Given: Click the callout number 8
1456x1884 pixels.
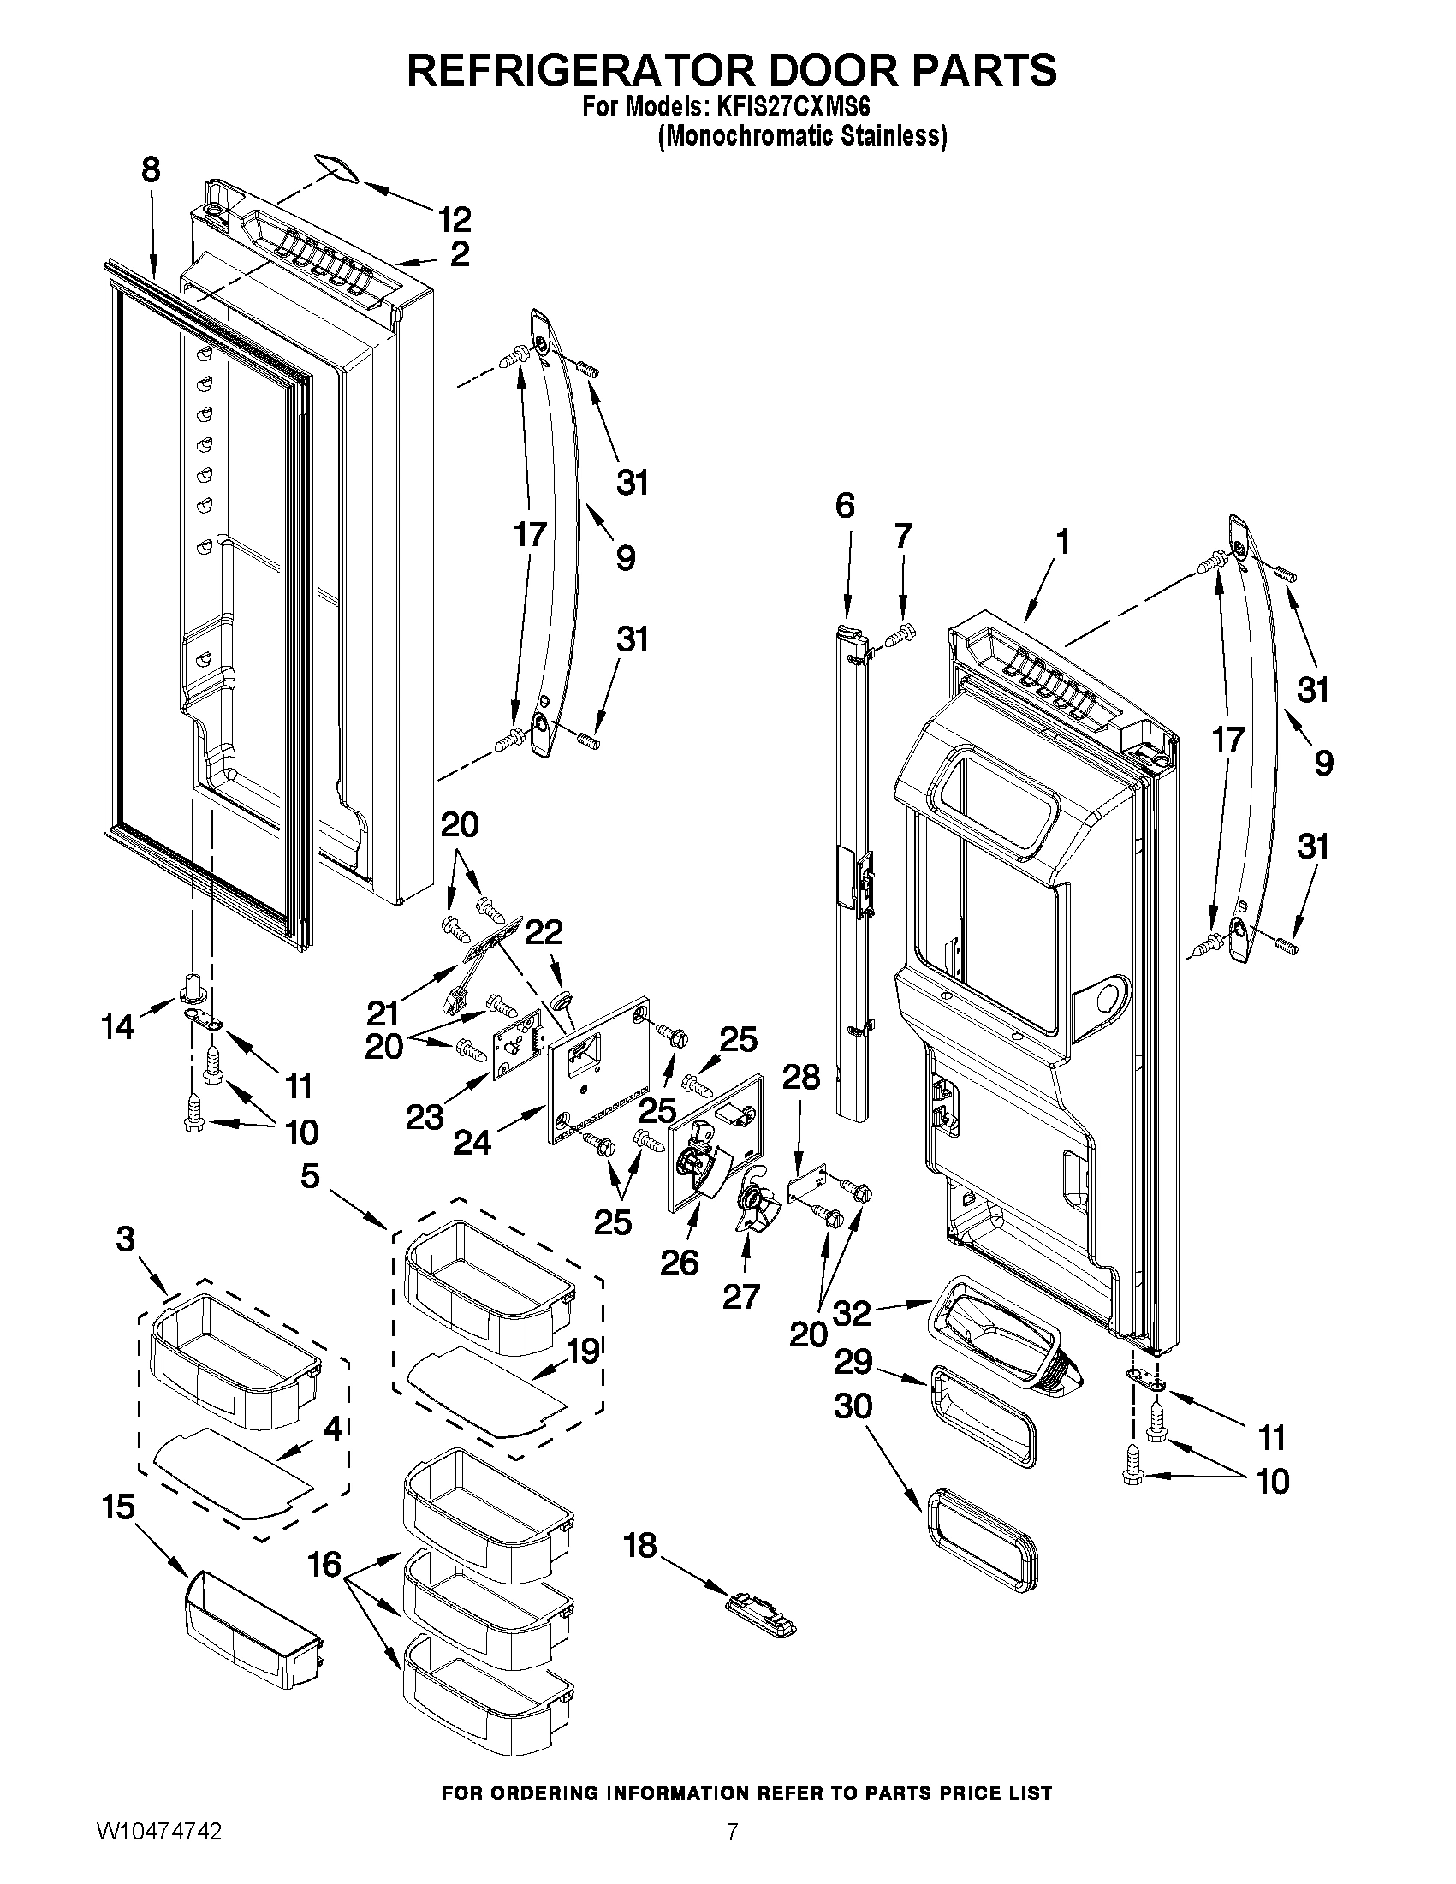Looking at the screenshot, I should pyautogui.click(x=151, y=171).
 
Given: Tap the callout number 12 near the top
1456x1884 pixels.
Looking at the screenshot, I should pyautogui.click(x=454, y=219).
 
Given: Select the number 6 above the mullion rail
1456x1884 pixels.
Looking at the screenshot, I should pyautogui.click(x=845, y=505).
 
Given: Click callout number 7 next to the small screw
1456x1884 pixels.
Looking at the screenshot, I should pyautogui.click(x=902, y=537).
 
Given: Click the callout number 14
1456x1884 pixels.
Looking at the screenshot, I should pyautogui.click(x=117, y=1026).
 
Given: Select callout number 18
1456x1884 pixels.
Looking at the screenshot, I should pyautogui.click(x=640, y=1546).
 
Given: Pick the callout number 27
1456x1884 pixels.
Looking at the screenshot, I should pyautogui.click(x=740, y=1297).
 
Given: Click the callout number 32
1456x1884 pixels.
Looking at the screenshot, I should pyautogui.click(x=853, y=1313).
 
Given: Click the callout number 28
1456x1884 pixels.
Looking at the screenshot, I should pyautogui.click(x=800, y=1077).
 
